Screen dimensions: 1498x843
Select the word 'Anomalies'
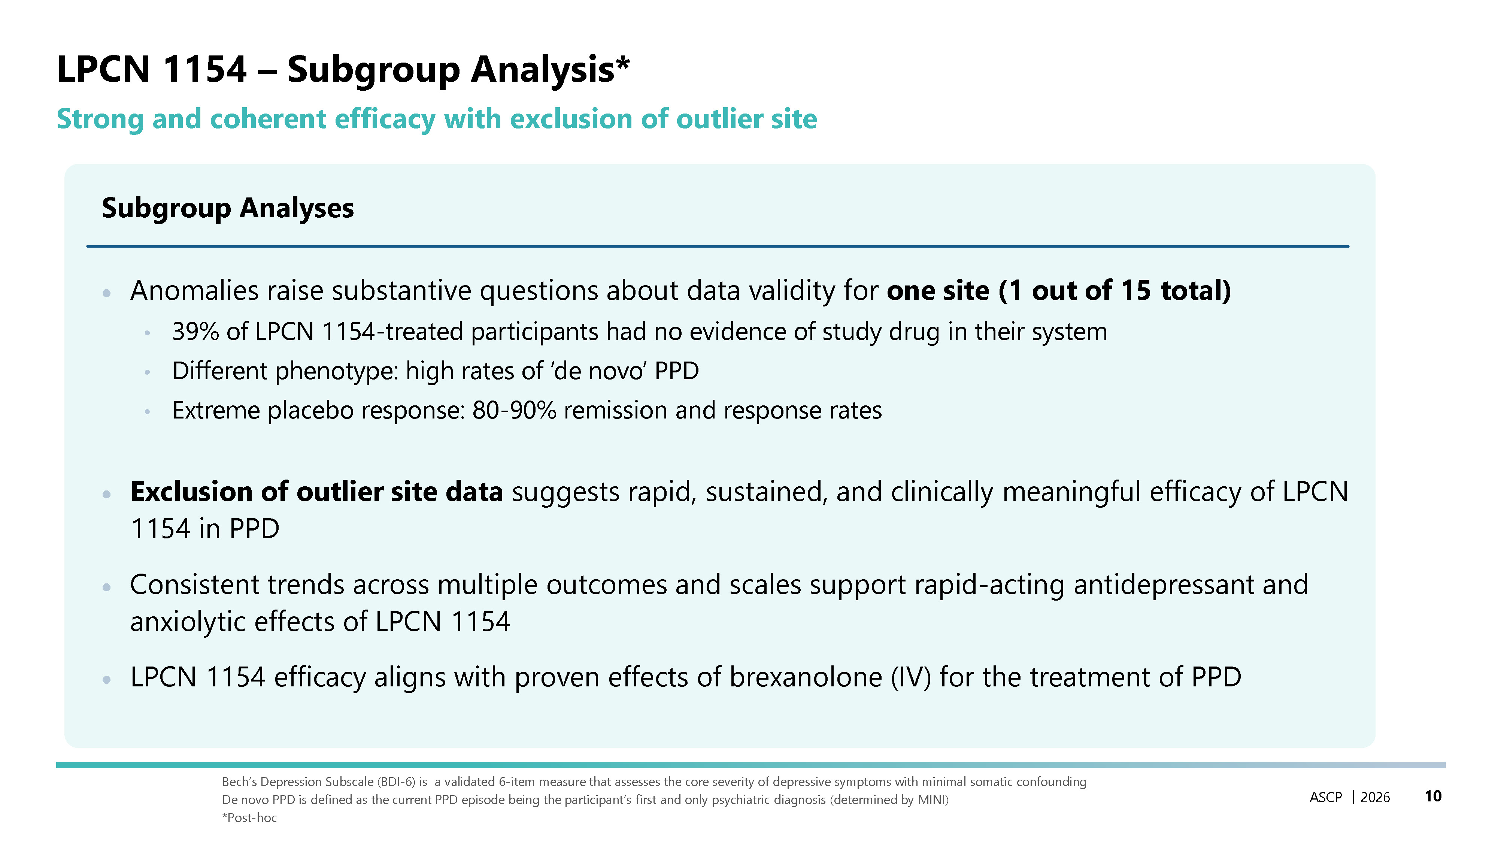[x=194, y=290]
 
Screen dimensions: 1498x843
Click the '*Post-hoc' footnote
[x=249, y=818]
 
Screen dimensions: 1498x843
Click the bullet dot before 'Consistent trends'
[x=106, y=587]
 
